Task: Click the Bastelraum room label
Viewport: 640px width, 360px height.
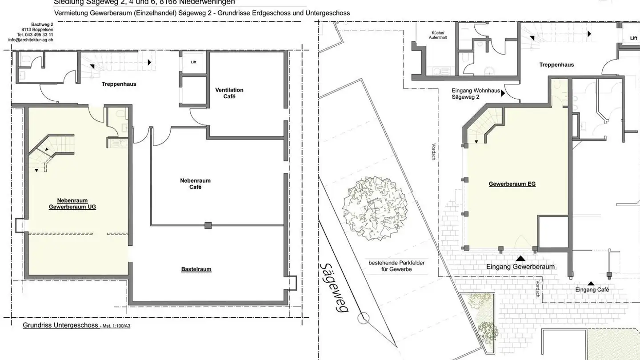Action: click(x=196, y=269)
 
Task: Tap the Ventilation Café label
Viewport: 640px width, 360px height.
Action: click(x=229, y=93)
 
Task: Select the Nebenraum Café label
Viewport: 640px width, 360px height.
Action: click(x=195, y=184)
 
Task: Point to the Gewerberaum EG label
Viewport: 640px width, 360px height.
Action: click(x=512, y=184)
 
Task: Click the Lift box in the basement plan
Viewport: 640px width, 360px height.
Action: click(x=193, y=62)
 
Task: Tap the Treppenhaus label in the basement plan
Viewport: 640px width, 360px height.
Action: click(x=119, y=84)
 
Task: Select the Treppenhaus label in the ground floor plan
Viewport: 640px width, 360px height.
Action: click(x=556, y=64)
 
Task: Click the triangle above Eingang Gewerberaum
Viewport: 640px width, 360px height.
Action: click(x=520, y=258)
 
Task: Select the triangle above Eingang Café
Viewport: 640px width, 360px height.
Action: click(x=591, y=283)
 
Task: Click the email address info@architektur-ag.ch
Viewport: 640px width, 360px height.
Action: click(x=31, y=40)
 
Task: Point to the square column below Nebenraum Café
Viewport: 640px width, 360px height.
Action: click(x=208, y=225)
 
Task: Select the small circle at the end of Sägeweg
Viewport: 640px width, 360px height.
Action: click(x=364, y=318)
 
